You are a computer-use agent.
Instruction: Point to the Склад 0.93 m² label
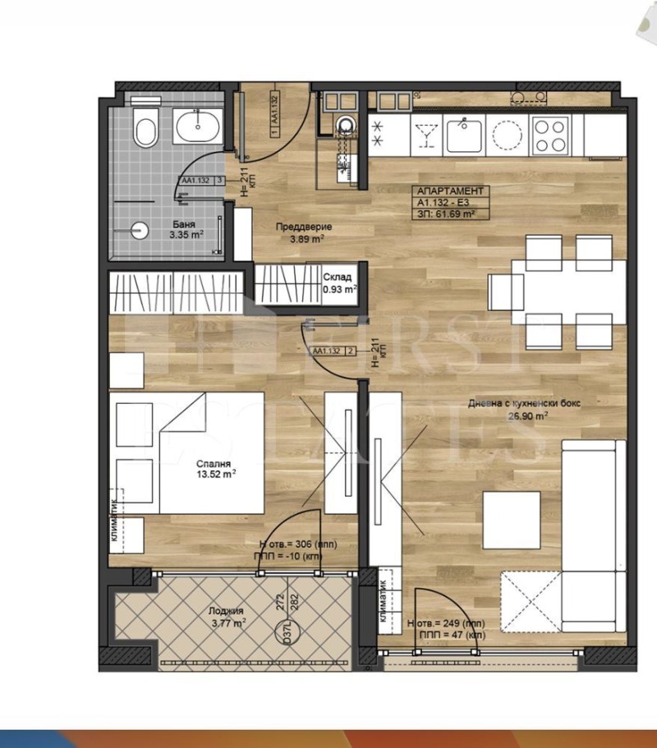click(x=338, y=283)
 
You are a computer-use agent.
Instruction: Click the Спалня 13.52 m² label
click(x=210, y=467)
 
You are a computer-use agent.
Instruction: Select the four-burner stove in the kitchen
click(x=550, y=134)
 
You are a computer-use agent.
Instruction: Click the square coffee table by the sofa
click(x=511, y=520)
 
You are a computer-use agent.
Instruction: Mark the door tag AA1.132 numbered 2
click(x=333, y=351)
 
